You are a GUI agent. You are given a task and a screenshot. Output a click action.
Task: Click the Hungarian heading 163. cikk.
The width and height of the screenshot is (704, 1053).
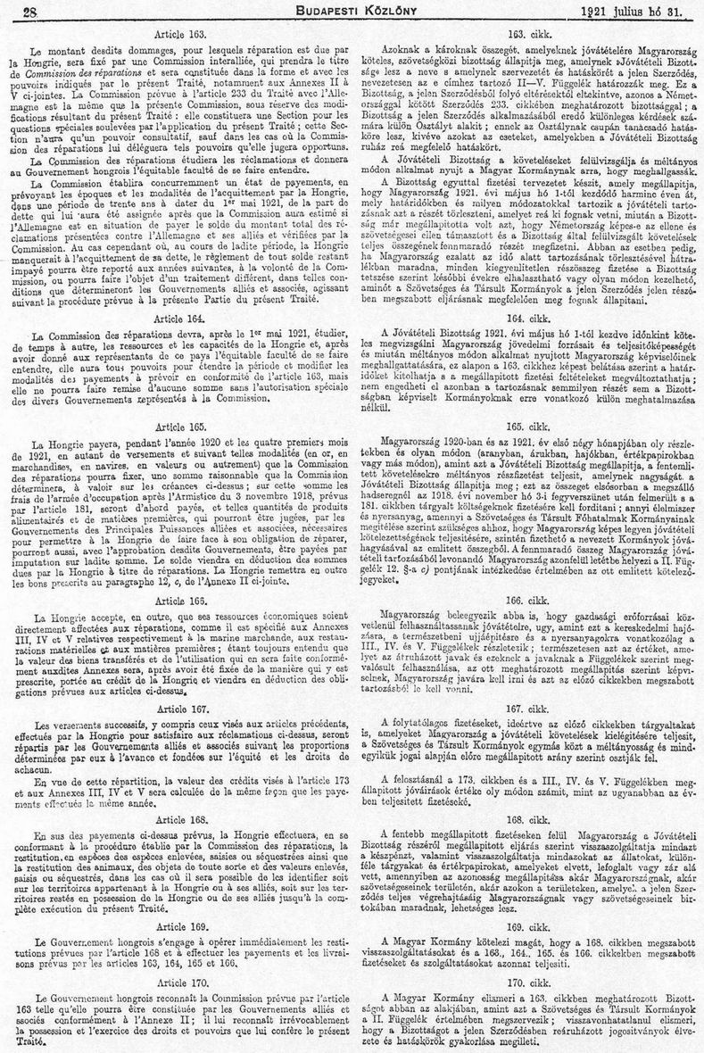click(526, 32)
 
